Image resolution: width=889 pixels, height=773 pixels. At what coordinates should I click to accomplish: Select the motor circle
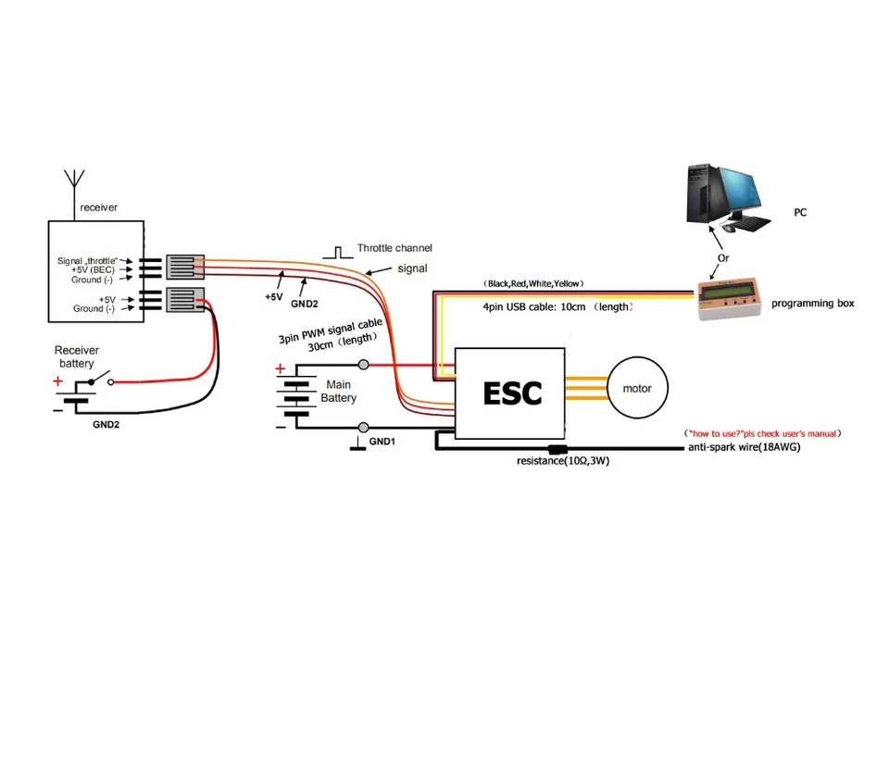(x=636, y=389)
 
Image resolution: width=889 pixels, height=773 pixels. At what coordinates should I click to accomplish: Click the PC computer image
(x=726, y=197)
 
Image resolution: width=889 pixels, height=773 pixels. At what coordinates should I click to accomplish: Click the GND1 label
(x=382, y=442)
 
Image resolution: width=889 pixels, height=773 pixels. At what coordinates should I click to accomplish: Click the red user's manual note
(x=762, y=432)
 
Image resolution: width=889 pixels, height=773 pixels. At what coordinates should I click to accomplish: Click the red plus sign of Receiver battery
(x=57, y=380)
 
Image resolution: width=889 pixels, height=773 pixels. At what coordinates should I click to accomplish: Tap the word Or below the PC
(x=724, y=257)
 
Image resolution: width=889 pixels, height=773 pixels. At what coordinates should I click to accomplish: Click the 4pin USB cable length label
(x=558, y=306)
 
